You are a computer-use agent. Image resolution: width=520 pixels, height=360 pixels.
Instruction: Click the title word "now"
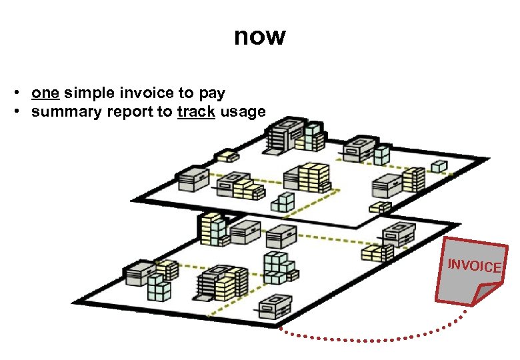click(x=259, y=37)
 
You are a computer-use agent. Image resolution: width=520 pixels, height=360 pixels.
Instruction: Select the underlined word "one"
click(x=45, y=93)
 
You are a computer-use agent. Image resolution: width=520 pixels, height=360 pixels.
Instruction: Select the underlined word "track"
click(x=196, y=111)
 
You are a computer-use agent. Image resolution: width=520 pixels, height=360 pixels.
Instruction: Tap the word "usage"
click(x=243, y=112)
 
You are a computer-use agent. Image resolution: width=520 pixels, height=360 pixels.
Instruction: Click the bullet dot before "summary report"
click(x=23, y=111)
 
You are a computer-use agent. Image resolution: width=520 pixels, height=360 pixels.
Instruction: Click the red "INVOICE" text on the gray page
click(x=474, y=265)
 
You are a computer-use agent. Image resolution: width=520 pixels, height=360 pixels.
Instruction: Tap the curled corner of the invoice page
click(x=488, y=291)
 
